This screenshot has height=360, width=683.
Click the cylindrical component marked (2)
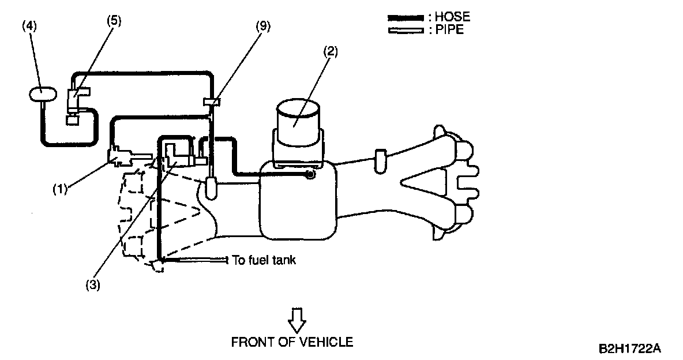pyautogui.click(x=298, y=121)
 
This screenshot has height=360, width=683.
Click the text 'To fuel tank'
pyautogui.click(x=264, y=260)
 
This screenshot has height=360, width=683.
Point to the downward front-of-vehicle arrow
pyautogui.click(x=297, y=318)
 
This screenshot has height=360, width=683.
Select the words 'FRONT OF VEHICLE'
pyautogui.click(x=292, y=342)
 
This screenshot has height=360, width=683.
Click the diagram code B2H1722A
pyautogui.click(x=629, y=349)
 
